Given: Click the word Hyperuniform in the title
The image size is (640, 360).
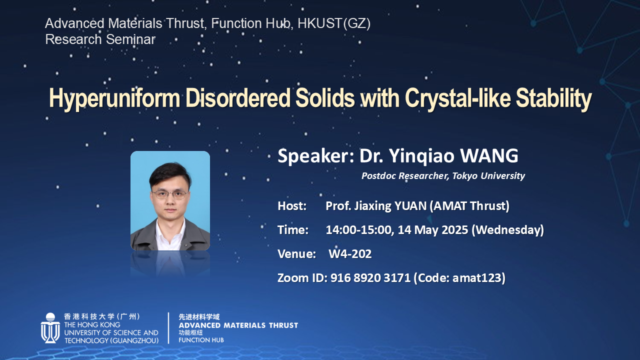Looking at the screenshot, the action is pos(114,98).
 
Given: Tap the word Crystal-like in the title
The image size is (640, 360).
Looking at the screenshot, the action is pos(457,98).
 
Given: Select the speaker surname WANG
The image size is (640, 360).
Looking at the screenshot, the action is pos(489,156).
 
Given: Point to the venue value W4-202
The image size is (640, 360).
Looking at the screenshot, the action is pos(350,253).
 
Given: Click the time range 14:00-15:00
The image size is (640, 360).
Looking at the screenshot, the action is pos(358,230).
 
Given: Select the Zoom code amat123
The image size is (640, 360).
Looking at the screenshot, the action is pos(477,277).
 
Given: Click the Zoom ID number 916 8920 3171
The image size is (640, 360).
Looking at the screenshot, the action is pos(370,277).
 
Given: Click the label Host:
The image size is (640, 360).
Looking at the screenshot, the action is pos(292,206).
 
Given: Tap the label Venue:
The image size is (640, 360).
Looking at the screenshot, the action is pos(296,253).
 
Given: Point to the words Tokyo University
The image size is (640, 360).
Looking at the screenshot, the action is pos(488,175).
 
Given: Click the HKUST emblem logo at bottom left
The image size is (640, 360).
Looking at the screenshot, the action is pos(50,327).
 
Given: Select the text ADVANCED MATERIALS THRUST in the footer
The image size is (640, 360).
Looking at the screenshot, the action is pos(238,325).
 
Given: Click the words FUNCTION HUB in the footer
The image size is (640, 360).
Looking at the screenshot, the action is pos(201,340).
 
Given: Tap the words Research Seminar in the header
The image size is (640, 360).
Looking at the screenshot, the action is pos(100,39).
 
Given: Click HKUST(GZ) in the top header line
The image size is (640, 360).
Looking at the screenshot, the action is pos(334,23).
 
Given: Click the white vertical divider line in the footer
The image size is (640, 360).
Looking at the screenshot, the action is pos(168,328).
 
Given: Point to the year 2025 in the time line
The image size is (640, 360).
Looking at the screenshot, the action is pos(455,230).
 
